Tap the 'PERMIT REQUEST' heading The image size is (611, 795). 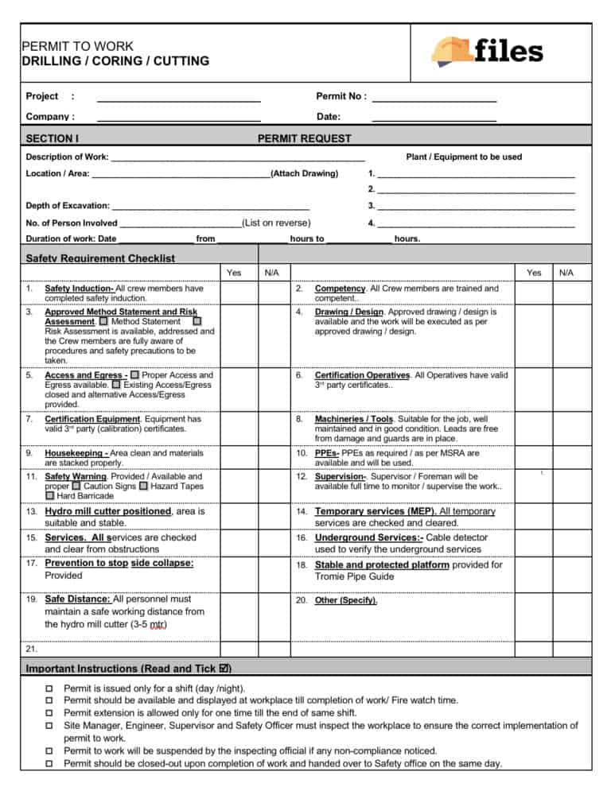click(x=304, y=138)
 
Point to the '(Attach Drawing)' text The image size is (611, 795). click(x=305, y=173)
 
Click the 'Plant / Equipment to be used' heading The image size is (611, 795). click(x=464, y=157)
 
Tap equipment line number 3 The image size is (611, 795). click(x=475, y=206)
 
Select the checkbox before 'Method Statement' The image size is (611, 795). click(x=103, y=321)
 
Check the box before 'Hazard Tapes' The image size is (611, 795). click(x=143, y=486)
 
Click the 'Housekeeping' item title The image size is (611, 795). click(x=76, y=452)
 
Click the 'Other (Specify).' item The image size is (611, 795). click(x=347, y=600)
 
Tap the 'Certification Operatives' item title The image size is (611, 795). click(x=363, y=374)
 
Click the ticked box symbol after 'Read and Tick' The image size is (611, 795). click(x=226, y=669)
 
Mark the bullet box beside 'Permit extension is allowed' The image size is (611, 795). click(x=49, y=712)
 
